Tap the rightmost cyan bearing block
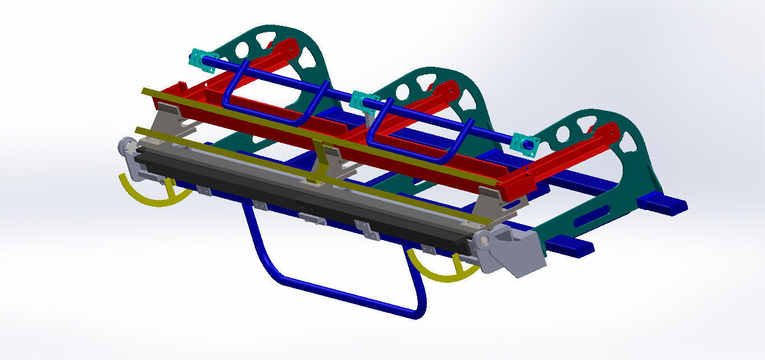525,143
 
